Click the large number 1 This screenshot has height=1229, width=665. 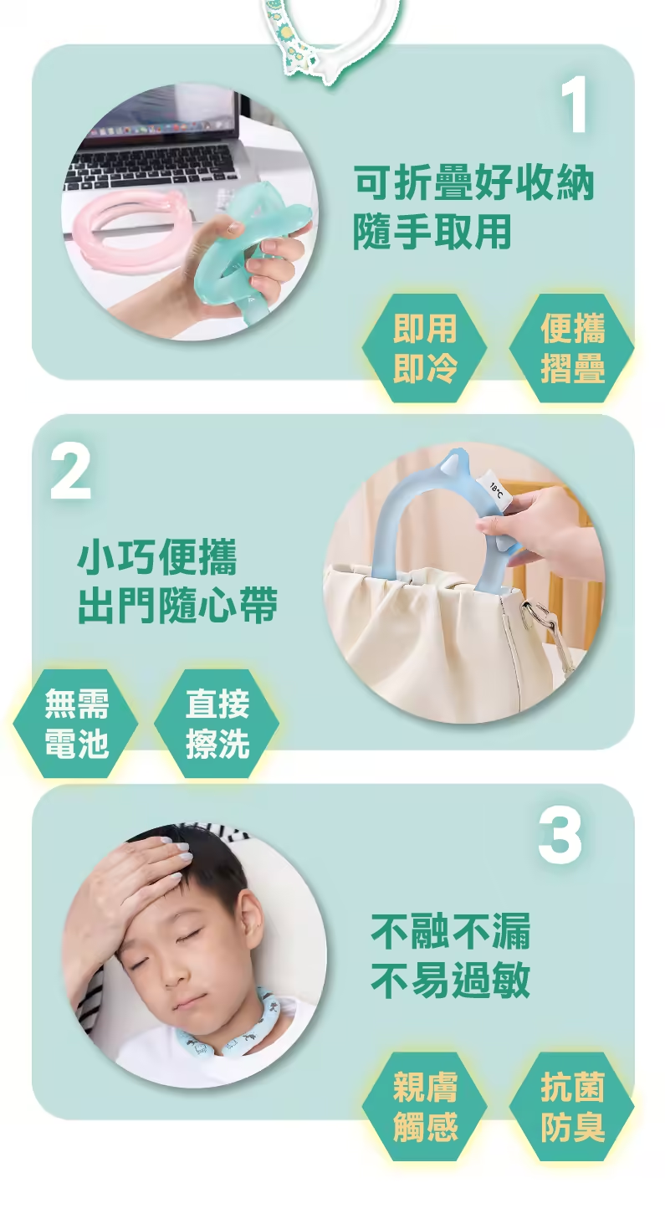point(574,105)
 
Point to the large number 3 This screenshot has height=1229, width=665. point(559,836)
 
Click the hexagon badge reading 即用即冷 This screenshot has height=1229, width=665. point(425,348)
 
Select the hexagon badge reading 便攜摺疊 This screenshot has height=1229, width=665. point(571,348)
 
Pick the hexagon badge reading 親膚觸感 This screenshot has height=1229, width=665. point(425,1106)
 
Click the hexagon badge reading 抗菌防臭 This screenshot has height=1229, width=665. point(571,1106)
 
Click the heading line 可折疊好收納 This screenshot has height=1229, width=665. point(473,182)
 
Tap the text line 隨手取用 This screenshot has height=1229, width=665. point(432,231)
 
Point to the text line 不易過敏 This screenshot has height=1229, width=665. point(451,981)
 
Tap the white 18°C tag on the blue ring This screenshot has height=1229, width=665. point(496,487)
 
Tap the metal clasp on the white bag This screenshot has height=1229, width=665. point(540,622)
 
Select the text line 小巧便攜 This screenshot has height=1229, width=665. point(157,557)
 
